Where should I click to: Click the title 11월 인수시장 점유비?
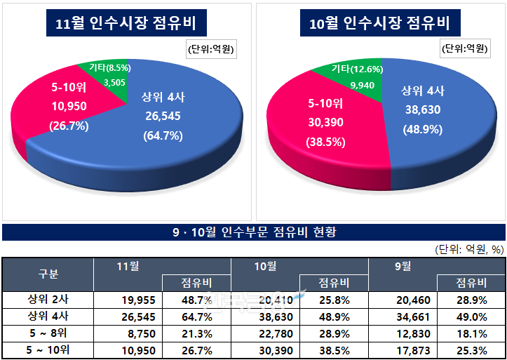point(129,24)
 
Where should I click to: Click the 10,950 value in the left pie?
point(68,107)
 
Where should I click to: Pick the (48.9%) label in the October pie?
point(421,130)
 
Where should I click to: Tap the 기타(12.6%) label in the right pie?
point(357,69)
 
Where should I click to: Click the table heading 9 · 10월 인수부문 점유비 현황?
point(254,232)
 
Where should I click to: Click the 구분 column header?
point(48,274)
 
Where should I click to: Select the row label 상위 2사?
point(48,300)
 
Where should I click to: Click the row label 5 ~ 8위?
point(48,333)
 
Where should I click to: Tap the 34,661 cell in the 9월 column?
point(408,316)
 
